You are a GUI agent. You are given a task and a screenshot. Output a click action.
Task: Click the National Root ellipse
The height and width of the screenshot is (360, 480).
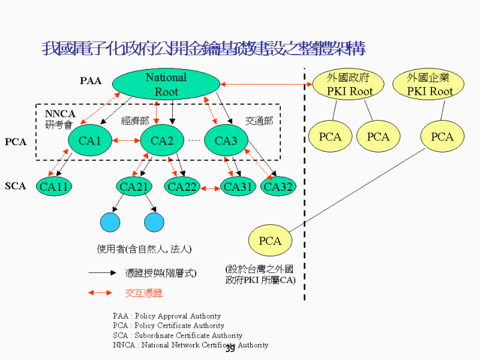click(x=166, y=85)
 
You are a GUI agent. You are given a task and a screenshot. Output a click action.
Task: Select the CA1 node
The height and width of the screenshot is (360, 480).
click(x=89, y=141)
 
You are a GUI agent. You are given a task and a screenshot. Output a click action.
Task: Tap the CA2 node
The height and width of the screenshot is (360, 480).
click(x=161, y=141)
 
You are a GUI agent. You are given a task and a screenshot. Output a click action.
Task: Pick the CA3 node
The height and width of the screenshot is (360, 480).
click(x=226, y=141)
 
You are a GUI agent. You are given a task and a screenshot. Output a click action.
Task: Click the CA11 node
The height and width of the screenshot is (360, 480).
click(x=54, y=187)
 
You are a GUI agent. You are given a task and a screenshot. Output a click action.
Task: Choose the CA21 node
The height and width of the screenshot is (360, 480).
click(x=133, y=187)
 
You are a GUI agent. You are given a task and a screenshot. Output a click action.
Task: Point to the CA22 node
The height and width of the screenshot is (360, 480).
click(x=182, y=187)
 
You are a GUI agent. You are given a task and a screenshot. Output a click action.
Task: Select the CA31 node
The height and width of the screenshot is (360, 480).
click(x=238, y=187)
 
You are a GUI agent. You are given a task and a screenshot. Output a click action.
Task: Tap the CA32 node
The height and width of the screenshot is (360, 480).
click(x=278, y=187)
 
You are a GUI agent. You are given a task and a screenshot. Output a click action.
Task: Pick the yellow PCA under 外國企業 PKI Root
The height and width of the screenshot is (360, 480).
click(x=442, y=137)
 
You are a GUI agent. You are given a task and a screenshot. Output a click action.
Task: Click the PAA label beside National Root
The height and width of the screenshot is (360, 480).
click(x=91, y=81)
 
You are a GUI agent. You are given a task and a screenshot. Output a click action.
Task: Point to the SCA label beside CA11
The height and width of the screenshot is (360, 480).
click(x=16, y=186)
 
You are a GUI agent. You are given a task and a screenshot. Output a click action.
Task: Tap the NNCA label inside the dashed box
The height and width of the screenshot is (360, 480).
click(x=59, y=114)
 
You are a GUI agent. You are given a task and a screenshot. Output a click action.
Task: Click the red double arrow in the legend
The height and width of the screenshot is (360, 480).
click(x=100, y=293)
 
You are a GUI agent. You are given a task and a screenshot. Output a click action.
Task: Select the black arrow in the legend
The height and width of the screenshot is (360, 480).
click(x=101, y=272)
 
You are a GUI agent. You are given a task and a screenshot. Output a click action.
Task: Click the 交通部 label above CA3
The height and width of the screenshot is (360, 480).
click(x=259, y=121)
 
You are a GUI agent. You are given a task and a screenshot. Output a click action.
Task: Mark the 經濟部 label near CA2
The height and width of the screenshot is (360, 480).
click(x=135, y=121)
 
